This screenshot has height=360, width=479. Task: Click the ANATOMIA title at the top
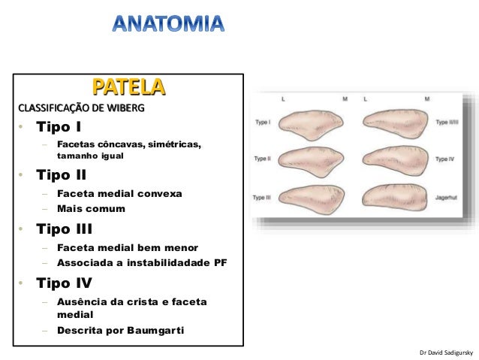pos(167,23)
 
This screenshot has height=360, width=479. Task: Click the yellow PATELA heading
pos(128,86)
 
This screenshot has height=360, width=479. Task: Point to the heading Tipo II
pos(67,175)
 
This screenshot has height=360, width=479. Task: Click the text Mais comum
pos(91,208)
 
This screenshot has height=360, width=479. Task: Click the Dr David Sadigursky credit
pos(447,352)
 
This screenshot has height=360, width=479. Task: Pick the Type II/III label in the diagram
pos(449,120)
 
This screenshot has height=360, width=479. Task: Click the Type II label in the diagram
pos(263,159)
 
